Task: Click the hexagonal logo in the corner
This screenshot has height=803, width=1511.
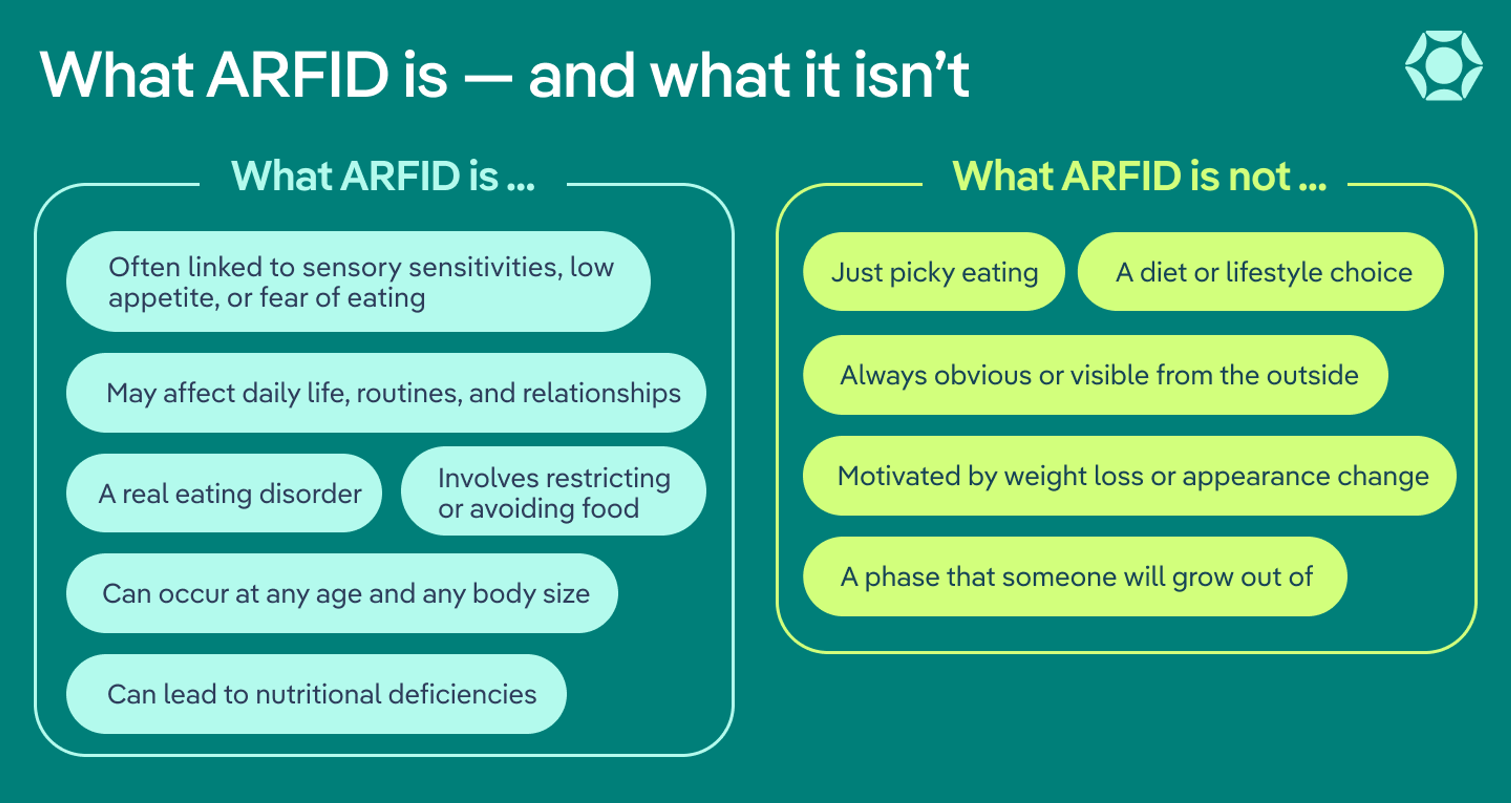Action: tap(1444, 66)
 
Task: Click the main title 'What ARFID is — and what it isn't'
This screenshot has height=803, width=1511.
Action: tap(504, 75)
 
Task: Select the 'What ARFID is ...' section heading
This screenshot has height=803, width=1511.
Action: tap(383, 176)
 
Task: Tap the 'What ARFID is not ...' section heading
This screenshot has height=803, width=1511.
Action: tap(1139, 176)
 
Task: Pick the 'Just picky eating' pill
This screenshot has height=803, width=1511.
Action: tap(934, 272)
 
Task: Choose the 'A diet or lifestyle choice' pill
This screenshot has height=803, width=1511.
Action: tap(1260, 272)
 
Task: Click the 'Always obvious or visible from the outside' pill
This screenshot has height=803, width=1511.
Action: tap(1095, 375)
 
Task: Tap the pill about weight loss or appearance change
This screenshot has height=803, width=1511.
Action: tap(1129, 476)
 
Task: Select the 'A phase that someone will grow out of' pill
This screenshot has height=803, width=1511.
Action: tap(1075, 576)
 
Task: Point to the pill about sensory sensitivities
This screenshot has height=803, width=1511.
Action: tap(358, 282)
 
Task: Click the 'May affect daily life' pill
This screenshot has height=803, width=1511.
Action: tap(386, 393)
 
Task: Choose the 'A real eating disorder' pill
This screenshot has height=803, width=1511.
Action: tap(224, 493)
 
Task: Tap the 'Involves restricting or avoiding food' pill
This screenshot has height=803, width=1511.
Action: tap(553, 491)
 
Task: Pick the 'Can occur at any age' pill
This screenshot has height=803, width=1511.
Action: tap(342, 594)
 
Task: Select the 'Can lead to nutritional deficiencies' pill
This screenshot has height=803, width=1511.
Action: tap(316, 694)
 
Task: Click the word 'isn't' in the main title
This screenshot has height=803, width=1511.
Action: tap(912, 75)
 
